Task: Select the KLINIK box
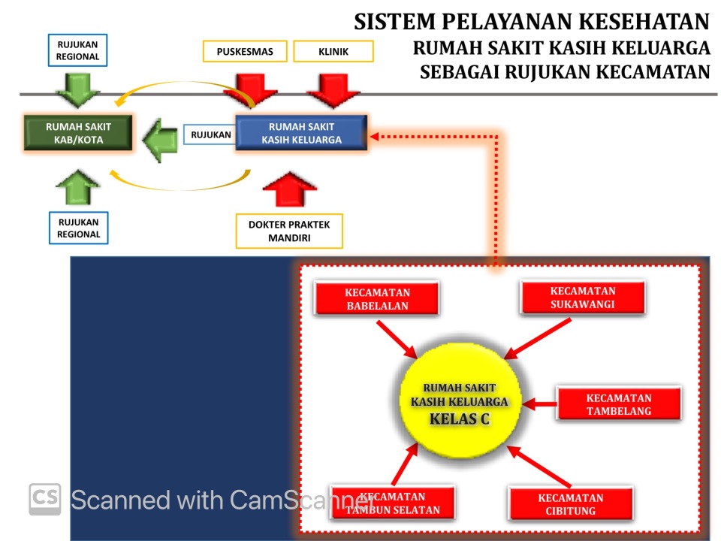(333, 52)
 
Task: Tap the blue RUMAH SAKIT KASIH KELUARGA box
(301, 133)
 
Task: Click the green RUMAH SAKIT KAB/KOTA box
(78, 133)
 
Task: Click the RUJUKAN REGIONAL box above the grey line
(77, 50)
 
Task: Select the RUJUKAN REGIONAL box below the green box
(78, 228)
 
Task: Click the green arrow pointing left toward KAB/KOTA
(159, 140)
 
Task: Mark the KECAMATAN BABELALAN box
(377, 298)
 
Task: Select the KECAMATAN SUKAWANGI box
(582, 297)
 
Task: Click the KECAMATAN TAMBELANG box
(618, 403)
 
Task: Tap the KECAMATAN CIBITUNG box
(570, 503)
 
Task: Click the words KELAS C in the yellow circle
(459, 419)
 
